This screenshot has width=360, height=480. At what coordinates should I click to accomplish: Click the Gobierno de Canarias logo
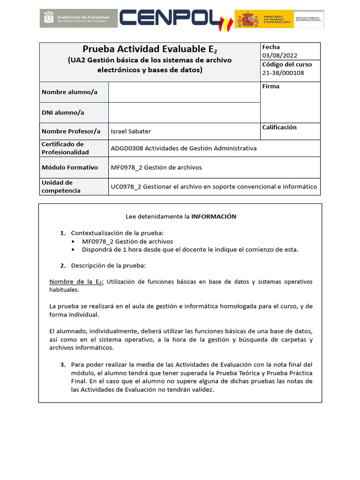click(78, 19)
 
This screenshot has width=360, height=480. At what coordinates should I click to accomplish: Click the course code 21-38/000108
click(283, 73)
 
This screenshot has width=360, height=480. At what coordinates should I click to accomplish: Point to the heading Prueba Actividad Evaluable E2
click(150, 49)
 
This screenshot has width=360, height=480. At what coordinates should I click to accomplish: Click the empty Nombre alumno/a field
click(184, 92)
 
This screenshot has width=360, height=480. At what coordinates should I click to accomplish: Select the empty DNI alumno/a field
click(184, 112)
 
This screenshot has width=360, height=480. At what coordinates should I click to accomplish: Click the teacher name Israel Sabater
click(131, 131)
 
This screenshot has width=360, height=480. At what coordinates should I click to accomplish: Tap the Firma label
click(270, 86)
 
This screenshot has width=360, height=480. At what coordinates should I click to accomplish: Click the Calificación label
click(279, 127)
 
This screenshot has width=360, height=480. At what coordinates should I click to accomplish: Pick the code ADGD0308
click(127, 148)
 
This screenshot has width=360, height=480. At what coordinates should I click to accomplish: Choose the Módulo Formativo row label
click(70, 167)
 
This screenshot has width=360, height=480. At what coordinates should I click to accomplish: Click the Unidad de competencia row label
click(61, 187)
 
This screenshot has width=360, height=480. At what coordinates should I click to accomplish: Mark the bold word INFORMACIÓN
click(214, 217)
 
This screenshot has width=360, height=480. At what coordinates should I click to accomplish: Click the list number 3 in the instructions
click(63, 364)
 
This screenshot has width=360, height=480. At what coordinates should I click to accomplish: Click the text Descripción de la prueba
click(108, 265)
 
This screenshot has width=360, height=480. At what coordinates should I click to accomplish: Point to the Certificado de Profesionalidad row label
click(65, 148)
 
